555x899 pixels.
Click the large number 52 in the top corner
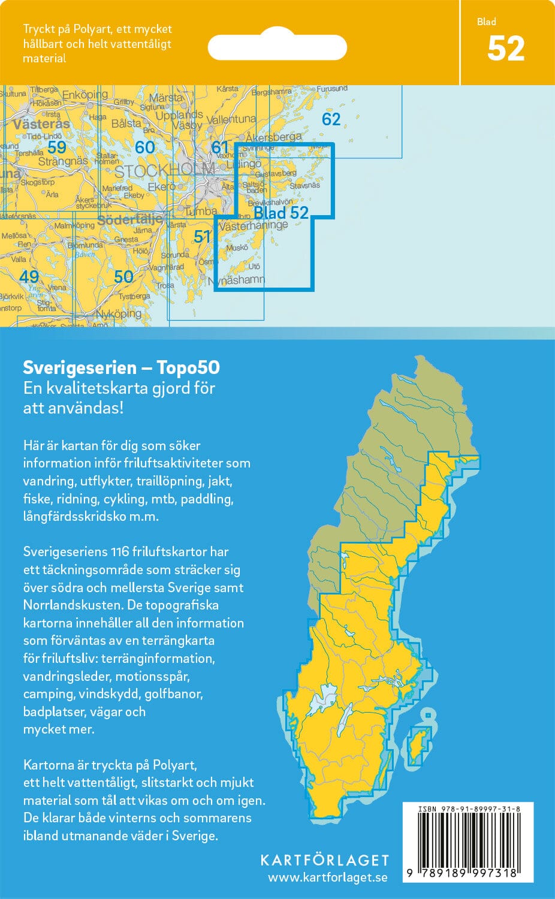pyautogui.click(x=506, y=49)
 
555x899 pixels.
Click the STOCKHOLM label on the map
pyautogui.click(x=164, y=171)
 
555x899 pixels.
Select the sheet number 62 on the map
pyautogui.click(x=331, y=119)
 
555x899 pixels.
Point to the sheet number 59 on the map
pyautogui.click(x=57, y=147)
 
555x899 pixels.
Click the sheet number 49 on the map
pyautogui.click(x=29, y=276)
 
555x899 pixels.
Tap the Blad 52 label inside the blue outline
pyautogui.click(x=280, y=213)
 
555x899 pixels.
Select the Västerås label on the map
pyautogui.click(x=41, y=125)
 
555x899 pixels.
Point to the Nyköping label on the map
pyautogui.click(x=119, y=313)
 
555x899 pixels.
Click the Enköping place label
pyautogui.click(x=85, y=95)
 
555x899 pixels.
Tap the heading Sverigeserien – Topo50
pyautogui.click(x=121, y=367)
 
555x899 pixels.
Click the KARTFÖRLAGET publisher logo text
pyautogui.click(x=324, y=860)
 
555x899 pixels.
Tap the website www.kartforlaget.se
pyautogui.click(x=327, y=878)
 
